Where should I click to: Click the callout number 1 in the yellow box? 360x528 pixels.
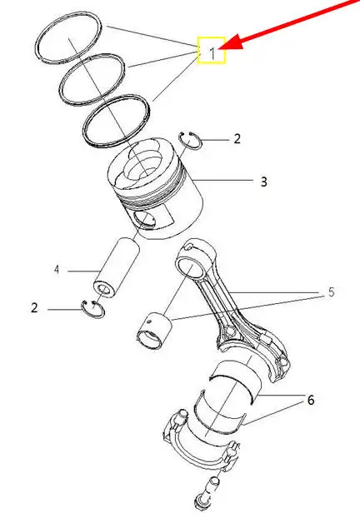(x=212, y=53)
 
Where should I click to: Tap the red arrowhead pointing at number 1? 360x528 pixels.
(x=230, y=43)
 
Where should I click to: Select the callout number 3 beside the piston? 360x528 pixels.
(x=264, y=182)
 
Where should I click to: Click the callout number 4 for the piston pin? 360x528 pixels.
(x=57, y=270)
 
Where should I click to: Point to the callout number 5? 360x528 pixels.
(x=332, y=292)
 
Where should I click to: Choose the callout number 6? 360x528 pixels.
(x=311, y=400)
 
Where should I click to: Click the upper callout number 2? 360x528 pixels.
(x=237, y=139)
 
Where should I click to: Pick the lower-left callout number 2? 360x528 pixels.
(x=34, y=308)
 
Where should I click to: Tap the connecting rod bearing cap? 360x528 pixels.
(x=202, y=445)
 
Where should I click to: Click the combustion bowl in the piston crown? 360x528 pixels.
(x=146, y=162)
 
